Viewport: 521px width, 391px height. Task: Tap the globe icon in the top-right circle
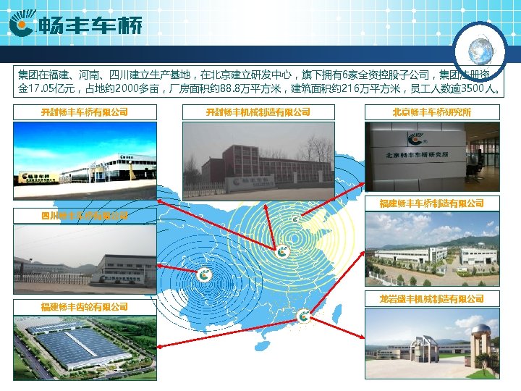point(479,51)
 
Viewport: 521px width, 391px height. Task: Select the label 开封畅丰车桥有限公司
point(85,112)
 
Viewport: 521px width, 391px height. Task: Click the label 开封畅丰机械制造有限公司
point(258,112)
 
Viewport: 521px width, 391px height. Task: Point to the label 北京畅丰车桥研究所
point(432,112)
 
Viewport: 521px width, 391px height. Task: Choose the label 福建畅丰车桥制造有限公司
point(432,203)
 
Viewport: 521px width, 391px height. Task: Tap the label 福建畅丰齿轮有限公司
point(85,307)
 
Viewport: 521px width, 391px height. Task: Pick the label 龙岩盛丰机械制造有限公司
point(432,298)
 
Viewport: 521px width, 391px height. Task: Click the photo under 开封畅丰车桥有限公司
point(85,160)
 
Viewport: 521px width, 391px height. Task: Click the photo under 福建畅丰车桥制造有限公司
point(432,249)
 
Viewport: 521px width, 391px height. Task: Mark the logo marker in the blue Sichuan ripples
point(205,275)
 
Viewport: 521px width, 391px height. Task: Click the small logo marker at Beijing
point(295,218)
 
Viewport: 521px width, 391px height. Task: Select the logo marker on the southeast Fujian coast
point(302,315)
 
